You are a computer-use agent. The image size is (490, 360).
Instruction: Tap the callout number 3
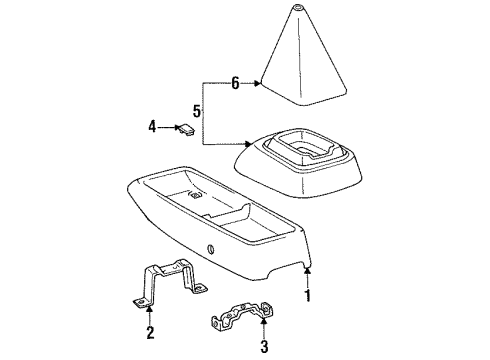[x=266, y=347]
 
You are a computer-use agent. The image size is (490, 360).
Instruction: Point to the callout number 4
[x=153, y=127]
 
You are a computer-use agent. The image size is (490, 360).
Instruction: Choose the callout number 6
[x=235, y=84]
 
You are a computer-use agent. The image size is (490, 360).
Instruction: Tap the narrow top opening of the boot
[x=300, y=9]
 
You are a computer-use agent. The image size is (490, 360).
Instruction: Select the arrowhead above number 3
[x=265, y=325]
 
